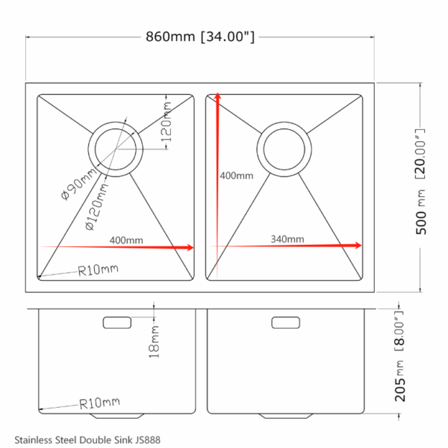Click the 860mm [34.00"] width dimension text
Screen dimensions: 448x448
point(199,37)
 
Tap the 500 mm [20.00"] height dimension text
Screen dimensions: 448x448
point(420,181)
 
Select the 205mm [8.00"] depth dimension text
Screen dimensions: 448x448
point(399,356)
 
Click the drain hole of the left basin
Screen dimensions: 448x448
point(115,149)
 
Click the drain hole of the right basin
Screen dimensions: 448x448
point(284,149)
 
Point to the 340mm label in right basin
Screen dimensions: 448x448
point(287,239)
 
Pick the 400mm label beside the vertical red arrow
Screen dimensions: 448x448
point(237,175)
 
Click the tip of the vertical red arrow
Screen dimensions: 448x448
point(218,93)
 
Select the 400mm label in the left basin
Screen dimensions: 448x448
point(126,240)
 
